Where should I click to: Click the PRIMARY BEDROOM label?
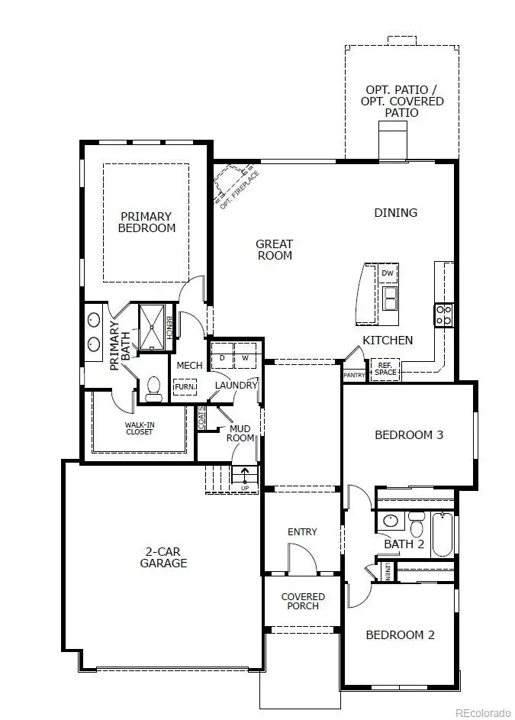[146, 222]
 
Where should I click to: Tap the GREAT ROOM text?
[274, 250]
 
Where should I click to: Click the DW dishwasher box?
[388, 273]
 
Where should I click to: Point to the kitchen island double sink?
[389, 298]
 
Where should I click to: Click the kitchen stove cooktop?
[443, 315]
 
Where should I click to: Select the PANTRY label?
[354, 375]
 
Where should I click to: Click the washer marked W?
[246, 357]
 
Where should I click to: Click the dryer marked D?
[222, 357]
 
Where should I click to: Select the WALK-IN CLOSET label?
[139, 428]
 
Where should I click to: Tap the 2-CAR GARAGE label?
[163, 557]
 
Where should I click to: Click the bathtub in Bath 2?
[443, 534]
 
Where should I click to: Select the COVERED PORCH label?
[303, 601]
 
